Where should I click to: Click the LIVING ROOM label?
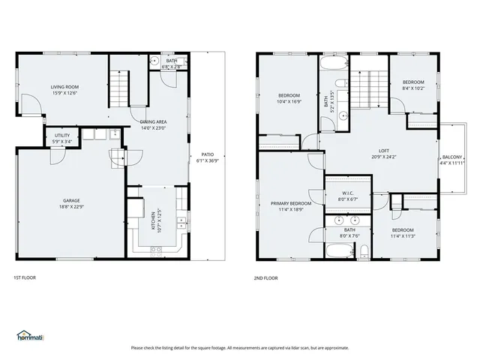click(x=65, y=87)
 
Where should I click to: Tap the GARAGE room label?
click(x=71, y=200)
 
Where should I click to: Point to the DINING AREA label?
click(x=153, y=121)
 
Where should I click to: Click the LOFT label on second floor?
click(x=383, y=151)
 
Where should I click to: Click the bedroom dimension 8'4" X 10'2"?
click(x=412, y=88)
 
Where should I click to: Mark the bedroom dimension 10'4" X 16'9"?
click(x=289, y=101)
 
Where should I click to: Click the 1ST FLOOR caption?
click(x=24, y=277)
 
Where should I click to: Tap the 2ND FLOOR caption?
click(x=265, y=277)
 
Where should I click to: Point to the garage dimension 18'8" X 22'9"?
click(x=71, y=206)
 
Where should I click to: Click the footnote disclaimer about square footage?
click(x=239, y=347)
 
